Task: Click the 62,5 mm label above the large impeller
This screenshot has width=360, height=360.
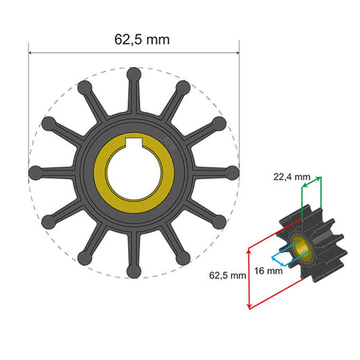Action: coord(134,38)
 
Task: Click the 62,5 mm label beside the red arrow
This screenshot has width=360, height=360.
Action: coord(227,276)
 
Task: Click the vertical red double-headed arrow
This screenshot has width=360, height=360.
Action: coord(250,276)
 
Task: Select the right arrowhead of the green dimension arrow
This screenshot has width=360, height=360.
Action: coord(319,178)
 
